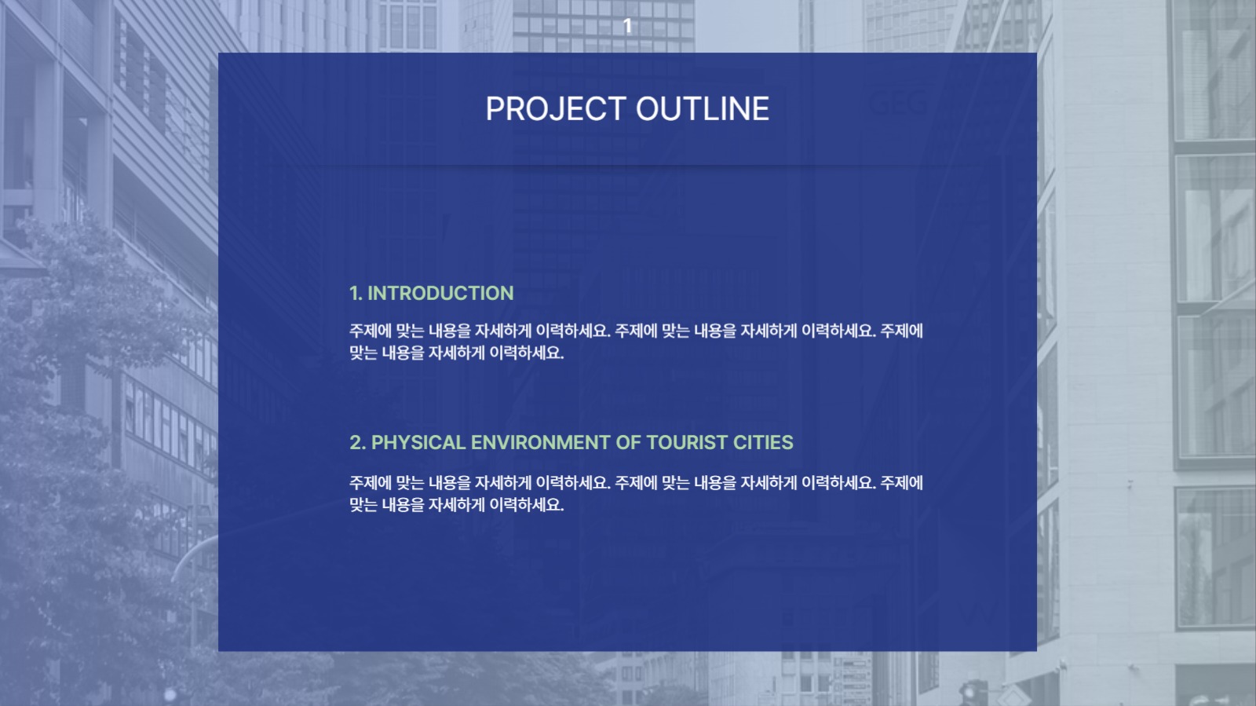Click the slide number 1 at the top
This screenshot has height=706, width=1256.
click(627, 26)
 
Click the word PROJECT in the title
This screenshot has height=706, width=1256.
click(556, 109)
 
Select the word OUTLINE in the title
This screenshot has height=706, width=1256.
click(702, 109)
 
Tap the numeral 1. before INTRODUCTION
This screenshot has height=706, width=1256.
click(356, 294)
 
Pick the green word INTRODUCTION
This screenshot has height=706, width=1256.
click(440, 294)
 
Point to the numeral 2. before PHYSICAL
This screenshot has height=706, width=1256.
click(357, 443)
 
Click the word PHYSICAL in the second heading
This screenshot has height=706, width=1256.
click(418, 443)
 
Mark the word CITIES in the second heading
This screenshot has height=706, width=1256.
click(763, 443)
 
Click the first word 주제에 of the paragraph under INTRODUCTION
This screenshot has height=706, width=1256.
click(370, 331)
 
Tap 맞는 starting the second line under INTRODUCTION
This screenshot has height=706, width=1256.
click(363, 353)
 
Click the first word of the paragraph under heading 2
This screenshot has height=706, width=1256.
click(370, 483)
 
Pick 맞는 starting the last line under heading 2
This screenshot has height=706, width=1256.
click(363, 505)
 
